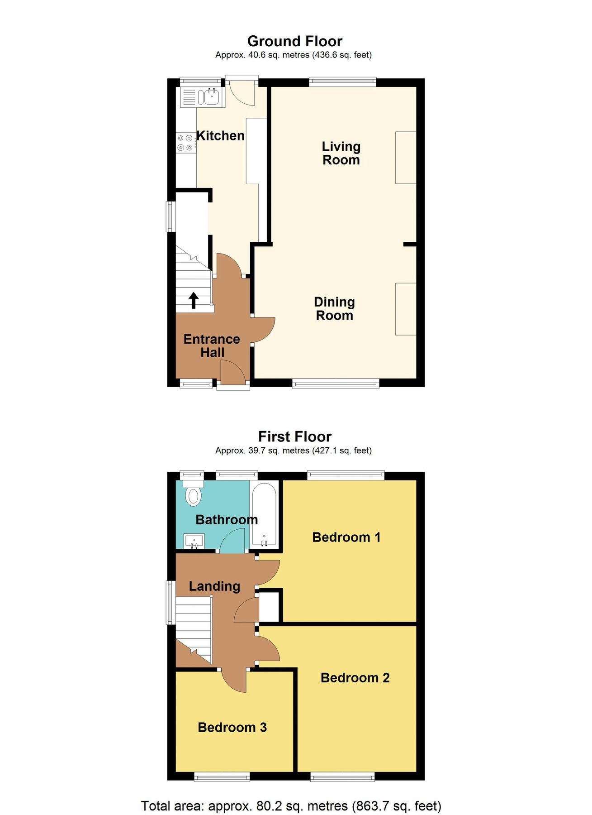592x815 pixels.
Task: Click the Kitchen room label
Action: (x=220, y=136)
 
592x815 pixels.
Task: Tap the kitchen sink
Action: (x=211, y=96)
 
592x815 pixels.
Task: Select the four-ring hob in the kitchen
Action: (x=186, y=142)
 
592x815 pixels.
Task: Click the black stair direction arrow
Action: (x=194, y=300)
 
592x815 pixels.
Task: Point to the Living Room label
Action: (x=341, y=153)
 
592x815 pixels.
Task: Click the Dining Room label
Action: (x=334, y=308)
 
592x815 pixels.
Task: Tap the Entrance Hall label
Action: (x=212, y=345)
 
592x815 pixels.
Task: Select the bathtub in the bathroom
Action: (x=264, y=515)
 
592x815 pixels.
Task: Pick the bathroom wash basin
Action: (x=194, y=541)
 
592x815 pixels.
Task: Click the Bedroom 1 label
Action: (x=346, y=537)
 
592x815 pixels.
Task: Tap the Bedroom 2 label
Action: (x=355, y=678)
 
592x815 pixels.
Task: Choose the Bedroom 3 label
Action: (x=232, y=727)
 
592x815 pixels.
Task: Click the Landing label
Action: (x=214, y=586)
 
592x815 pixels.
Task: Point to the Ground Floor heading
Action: (x=295, y=41)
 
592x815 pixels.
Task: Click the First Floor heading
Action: (x=295, y=436)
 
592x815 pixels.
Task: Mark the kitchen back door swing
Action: (x=241, y=92)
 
